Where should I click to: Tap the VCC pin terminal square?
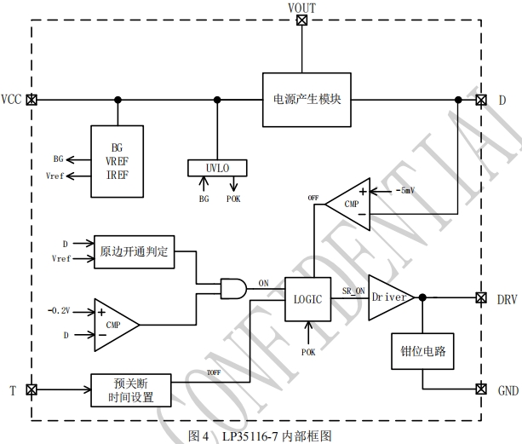point(32,100)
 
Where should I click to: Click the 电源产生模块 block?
point(307,99)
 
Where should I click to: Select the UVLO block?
point(217,168)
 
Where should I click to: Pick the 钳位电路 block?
point(424,349)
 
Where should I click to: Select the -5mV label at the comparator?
point(386,191)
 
